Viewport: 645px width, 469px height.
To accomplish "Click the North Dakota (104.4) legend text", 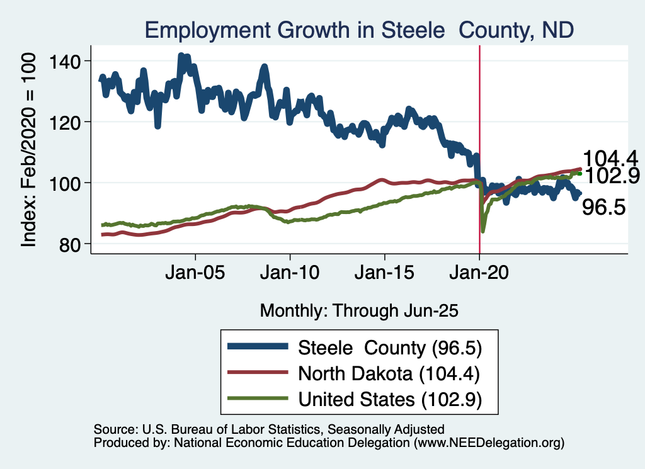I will [390, 373].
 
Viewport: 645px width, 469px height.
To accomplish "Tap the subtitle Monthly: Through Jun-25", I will [358, 310].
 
